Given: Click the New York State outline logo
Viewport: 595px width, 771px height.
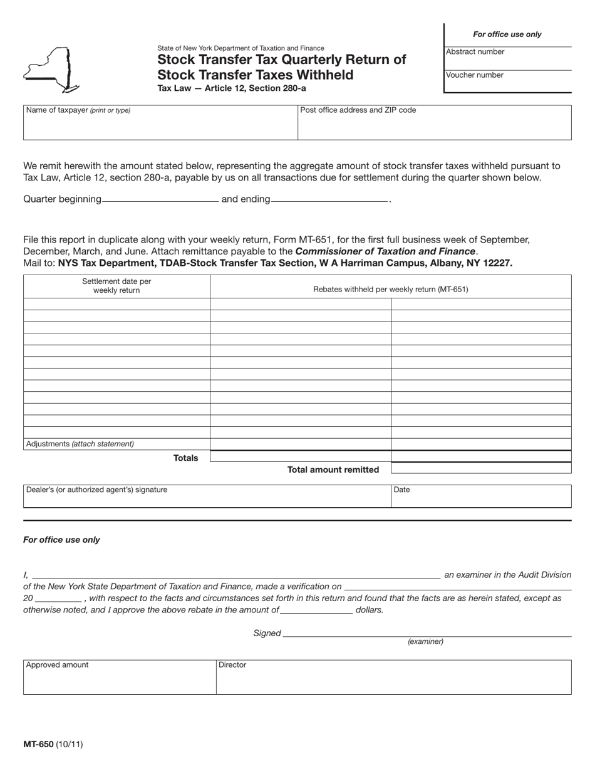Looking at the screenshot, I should coord(50,70).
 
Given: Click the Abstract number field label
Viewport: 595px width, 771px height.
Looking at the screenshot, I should coord(475,52).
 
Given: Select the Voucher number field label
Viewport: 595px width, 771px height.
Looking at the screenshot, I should coord(474,75).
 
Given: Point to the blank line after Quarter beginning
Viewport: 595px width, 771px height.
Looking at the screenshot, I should coord(160,199).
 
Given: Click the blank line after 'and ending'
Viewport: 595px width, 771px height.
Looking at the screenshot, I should coord(329,199).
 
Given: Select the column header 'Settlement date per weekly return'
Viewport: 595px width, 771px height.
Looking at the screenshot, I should coord(116,286).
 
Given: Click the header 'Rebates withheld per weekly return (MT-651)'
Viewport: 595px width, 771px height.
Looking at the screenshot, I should coord(390,290).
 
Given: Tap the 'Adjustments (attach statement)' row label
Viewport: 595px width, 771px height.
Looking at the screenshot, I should coord(80,444).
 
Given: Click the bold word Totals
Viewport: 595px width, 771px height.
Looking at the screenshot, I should coord(185,458).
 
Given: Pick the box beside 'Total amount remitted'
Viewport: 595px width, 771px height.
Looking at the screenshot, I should coord(480,468).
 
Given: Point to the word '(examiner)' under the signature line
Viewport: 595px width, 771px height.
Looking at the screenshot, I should coord(425,642).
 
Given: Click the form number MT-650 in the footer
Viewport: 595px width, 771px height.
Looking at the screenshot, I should coord(38,745).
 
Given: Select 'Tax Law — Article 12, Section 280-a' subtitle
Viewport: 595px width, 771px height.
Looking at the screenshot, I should coord(231,88).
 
